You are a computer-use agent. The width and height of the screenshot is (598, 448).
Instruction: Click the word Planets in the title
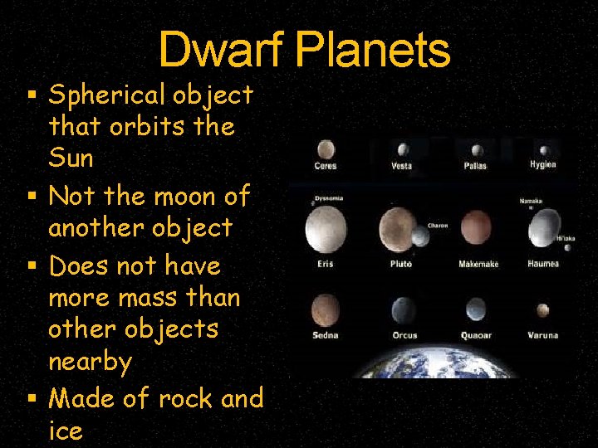click(372, 50)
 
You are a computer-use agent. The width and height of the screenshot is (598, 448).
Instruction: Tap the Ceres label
click(325, 166)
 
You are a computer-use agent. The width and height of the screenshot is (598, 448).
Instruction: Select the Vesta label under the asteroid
click(401, 166)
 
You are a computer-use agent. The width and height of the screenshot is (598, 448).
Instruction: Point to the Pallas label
click(475, 166)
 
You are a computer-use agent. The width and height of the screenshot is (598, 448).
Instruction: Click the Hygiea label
click(542, 164)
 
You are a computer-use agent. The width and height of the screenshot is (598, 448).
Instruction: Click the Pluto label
click(401, 264)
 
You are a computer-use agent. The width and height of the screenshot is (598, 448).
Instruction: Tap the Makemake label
click(478, 264)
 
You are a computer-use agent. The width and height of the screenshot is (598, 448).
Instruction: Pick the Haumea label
click(543, 264)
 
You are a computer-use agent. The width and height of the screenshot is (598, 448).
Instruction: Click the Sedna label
click(325, 335)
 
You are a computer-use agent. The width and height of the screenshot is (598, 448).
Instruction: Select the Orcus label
click(404, 335)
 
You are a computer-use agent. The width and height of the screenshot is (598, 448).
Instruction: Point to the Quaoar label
click(476, 335)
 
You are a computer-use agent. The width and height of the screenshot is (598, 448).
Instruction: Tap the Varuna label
click(542, 335)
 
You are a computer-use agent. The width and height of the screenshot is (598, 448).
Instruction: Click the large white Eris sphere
click(326, 230)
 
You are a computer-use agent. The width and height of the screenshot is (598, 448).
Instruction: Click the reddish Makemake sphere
click(476, 227)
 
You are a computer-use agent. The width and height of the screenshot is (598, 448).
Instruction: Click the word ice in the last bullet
click(66, 431)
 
